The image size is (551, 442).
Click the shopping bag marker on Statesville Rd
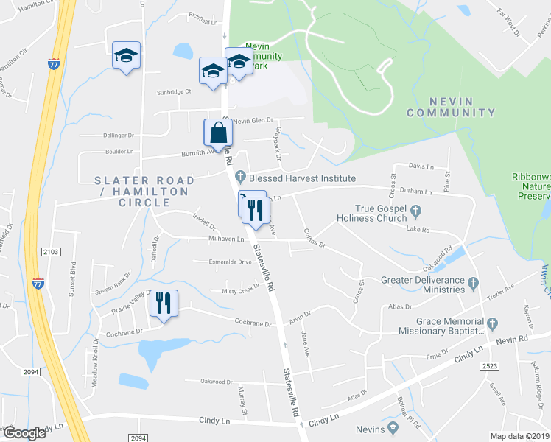tap(218, 133)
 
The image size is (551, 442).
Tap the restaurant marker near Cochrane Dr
tap(164, 303)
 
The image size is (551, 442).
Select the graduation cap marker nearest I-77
tap(126, 55)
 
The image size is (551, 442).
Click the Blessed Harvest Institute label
tap(302, 178)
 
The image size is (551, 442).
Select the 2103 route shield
tap(51, 252)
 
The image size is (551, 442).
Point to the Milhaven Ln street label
tap(226, 239)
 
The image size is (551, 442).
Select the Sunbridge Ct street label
tap(173, 92)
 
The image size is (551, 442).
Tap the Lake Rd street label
tap(418, 230)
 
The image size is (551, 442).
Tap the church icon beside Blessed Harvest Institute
tap(240, 178)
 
